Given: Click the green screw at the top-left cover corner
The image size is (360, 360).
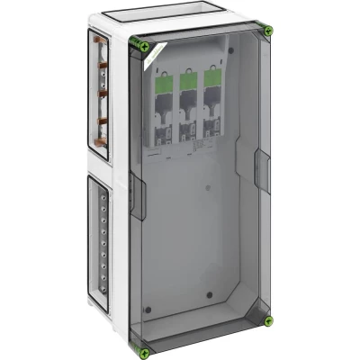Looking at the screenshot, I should tap(137, 43).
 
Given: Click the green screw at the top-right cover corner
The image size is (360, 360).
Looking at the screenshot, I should tap(267, 31).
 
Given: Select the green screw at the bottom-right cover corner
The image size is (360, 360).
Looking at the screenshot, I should tap(267, 320).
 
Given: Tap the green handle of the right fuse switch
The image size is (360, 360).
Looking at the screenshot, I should tap(211, 82).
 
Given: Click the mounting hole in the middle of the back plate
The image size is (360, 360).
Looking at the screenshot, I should tap(206, 189).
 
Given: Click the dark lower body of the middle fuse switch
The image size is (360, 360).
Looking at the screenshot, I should tap(189, 126).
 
